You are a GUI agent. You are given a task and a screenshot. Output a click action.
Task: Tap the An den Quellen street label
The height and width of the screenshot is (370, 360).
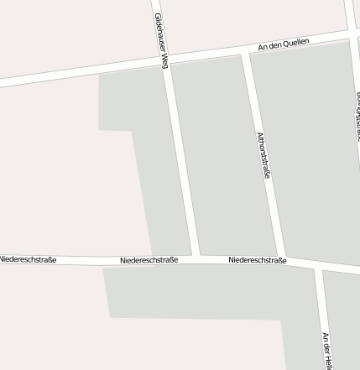(284, 44)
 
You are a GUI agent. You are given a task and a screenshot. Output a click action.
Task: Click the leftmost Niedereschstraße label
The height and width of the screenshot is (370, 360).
(28, 260)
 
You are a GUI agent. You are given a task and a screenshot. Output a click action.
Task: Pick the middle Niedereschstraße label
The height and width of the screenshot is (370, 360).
(149, 261)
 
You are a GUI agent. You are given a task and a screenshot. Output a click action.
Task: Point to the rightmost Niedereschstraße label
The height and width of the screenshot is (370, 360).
(258, 261)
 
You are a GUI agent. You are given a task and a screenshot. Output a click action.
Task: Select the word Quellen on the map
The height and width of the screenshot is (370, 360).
(297, 42)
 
